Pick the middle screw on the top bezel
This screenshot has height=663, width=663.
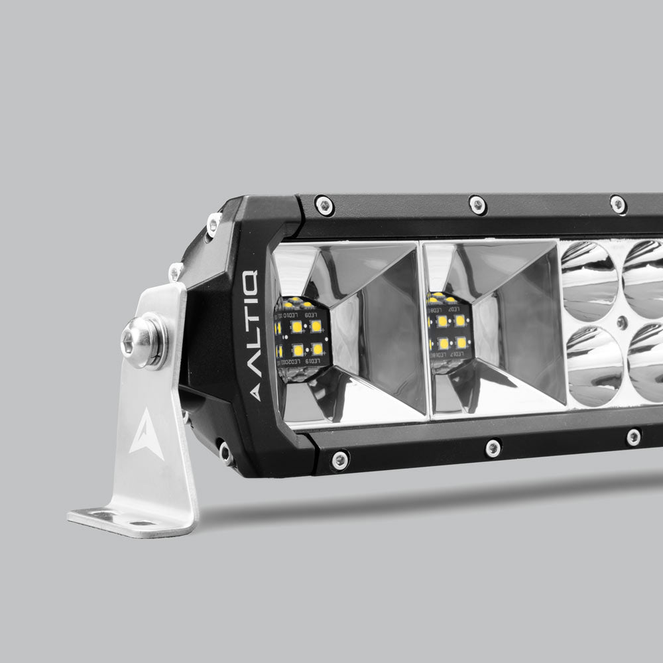[x=477, y=205]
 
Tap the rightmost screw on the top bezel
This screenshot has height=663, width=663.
[x=618, y=204]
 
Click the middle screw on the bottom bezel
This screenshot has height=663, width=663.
[x=493, y=448]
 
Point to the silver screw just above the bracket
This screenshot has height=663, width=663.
[x=176, y=270]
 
